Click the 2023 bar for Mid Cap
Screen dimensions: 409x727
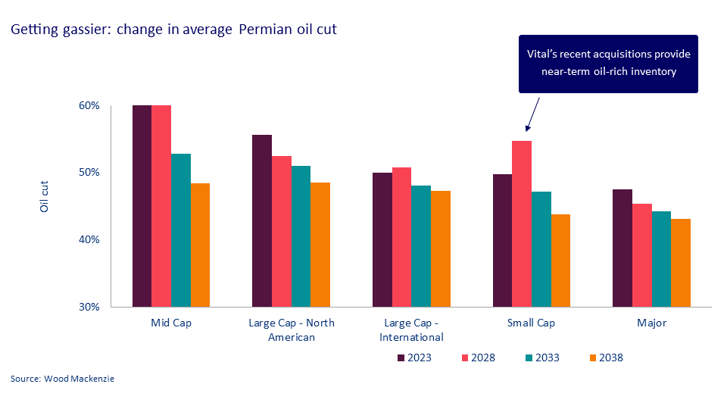[142, 206]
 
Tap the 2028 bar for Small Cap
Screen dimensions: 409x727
[521, 223]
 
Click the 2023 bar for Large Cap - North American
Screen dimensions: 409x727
[262, 220]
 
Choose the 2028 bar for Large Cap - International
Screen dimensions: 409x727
[401, 237]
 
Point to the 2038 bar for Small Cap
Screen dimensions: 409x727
[560, 261]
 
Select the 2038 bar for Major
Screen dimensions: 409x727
[680, 263]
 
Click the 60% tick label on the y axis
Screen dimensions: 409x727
[89, 105]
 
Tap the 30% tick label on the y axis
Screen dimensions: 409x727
[89, 307]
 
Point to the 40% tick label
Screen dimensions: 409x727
[89, 239]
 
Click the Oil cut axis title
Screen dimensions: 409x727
[45, 198]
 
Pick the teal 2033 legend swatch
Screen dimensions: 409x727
[528, 357]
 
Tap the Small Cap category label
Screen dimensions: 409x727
[531, 323]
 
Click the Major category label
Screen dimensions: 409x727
[651, 323]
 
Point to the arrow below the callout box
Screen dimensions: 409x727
[531, 114]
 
